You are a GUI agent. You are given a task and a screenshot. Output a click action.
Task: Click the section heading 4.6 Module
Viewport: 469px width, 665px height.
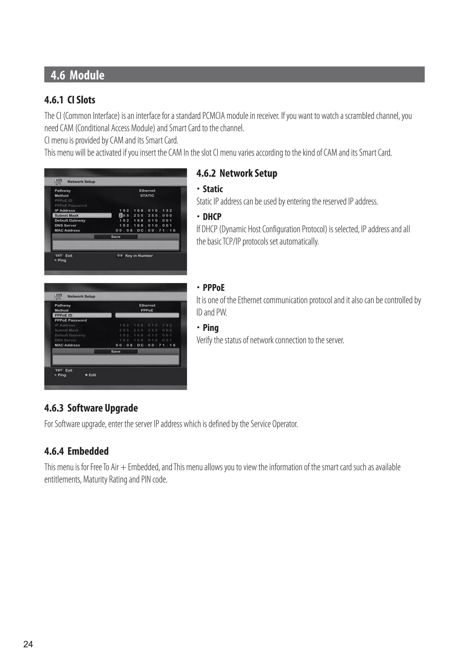pyautogui.click(x=77, y=75)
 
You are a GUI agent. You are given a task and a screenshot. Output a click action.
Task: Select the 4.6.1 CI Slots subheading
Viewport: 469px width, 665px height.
pyautogui.click(x=70, y=100)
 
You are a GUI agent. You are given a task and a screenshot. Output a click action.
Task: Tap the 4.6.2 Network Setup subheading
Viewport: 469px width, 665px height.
pyautogui.click(x=237, y=173)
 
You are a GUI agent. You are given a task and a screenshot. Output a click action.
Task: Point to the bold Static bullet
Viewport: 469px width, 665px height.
pyautogui.click(x=213, y=189)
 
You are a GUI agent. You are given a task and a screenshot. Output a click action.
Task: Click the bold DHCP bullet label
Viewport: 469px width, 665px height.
pyautogui.click(x=212, y=217)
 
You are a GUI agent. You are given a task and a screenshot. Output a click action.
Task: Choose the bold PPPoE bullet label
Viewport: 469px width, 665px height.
pyautogui.click(x=214, y=288)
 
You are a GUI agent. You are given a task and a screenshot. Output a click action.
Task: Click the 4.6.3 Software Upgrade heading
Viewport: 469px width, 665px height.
pyautogui.click(x=91, y=408)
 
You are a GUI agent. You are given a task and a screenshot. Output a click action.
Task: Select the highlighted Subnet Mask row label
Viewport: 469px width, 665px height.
pyautogui.click(x=67, y=216)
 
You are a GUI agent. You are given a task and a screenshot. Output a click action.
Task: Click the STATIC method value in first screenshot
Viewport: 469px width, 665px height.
pyautogui.click(x=147, y=195)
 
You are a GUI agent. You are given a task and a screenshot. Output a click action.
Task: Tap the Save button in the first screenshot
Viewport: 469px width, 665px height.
pyautogui.click(x=116, y=237)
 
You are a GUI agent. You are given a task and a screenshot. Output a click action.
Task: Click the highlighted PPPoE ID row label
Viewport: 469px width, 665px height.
pyautogui.click(x=63, y=315)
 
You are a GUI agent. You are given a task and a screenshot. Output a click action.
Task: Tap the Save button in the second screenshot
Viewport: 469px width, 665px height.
pyautogui.click(x=116, y=351)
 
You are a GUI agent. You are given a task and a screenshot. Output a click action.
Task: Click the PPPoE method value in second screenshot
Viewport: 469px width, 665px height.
pyautogui.click(x=147, y=310)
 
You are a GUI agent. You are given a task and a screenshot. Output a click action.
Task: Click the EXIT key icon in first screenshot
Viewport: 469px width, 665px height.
pyautogui.click(x=59, y=255)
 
